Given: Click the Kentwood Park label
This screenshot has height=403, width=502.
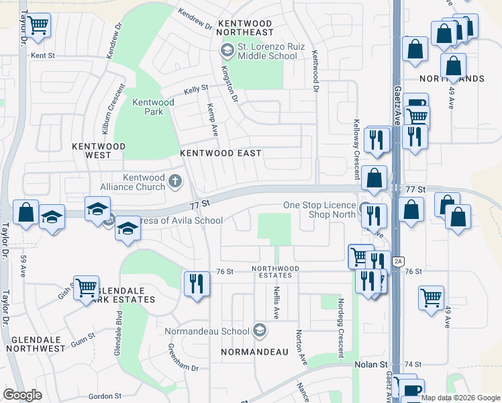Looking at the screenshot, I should pyautogui.click(x=153, y=107).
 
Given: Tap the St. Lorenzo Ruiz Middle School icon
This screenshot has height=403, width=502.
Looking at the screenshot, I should pyautogui.click(x=227, y=50).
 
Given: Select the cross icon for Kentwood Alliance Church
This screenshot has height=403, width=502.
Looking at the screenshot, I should pyautogui.click(x=175, y=181).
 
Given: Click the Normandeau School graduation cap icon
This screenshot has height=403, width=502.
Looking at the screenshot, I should pyautogui.click(x=260, y=330).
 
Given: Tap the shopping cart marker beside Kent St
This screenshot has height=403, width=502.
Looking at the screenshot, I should pyautogui.click(x=38, y=26).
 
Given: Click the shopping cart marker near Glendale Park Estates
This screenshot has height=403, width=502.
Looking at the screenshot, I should pyautogui.click(x=86, y=289).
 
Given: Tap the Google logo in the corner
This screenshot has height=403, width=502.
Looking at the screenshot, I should pyautogui.click(x=22, y=394).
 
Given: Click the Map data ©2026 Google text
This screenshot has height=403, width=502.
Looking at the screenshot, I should pyautogui.click(x=460, y=398).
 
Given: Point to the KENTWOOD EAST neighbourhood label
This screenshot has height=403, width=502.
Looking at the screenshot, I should pyautogui.click(x=220, y=153).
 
